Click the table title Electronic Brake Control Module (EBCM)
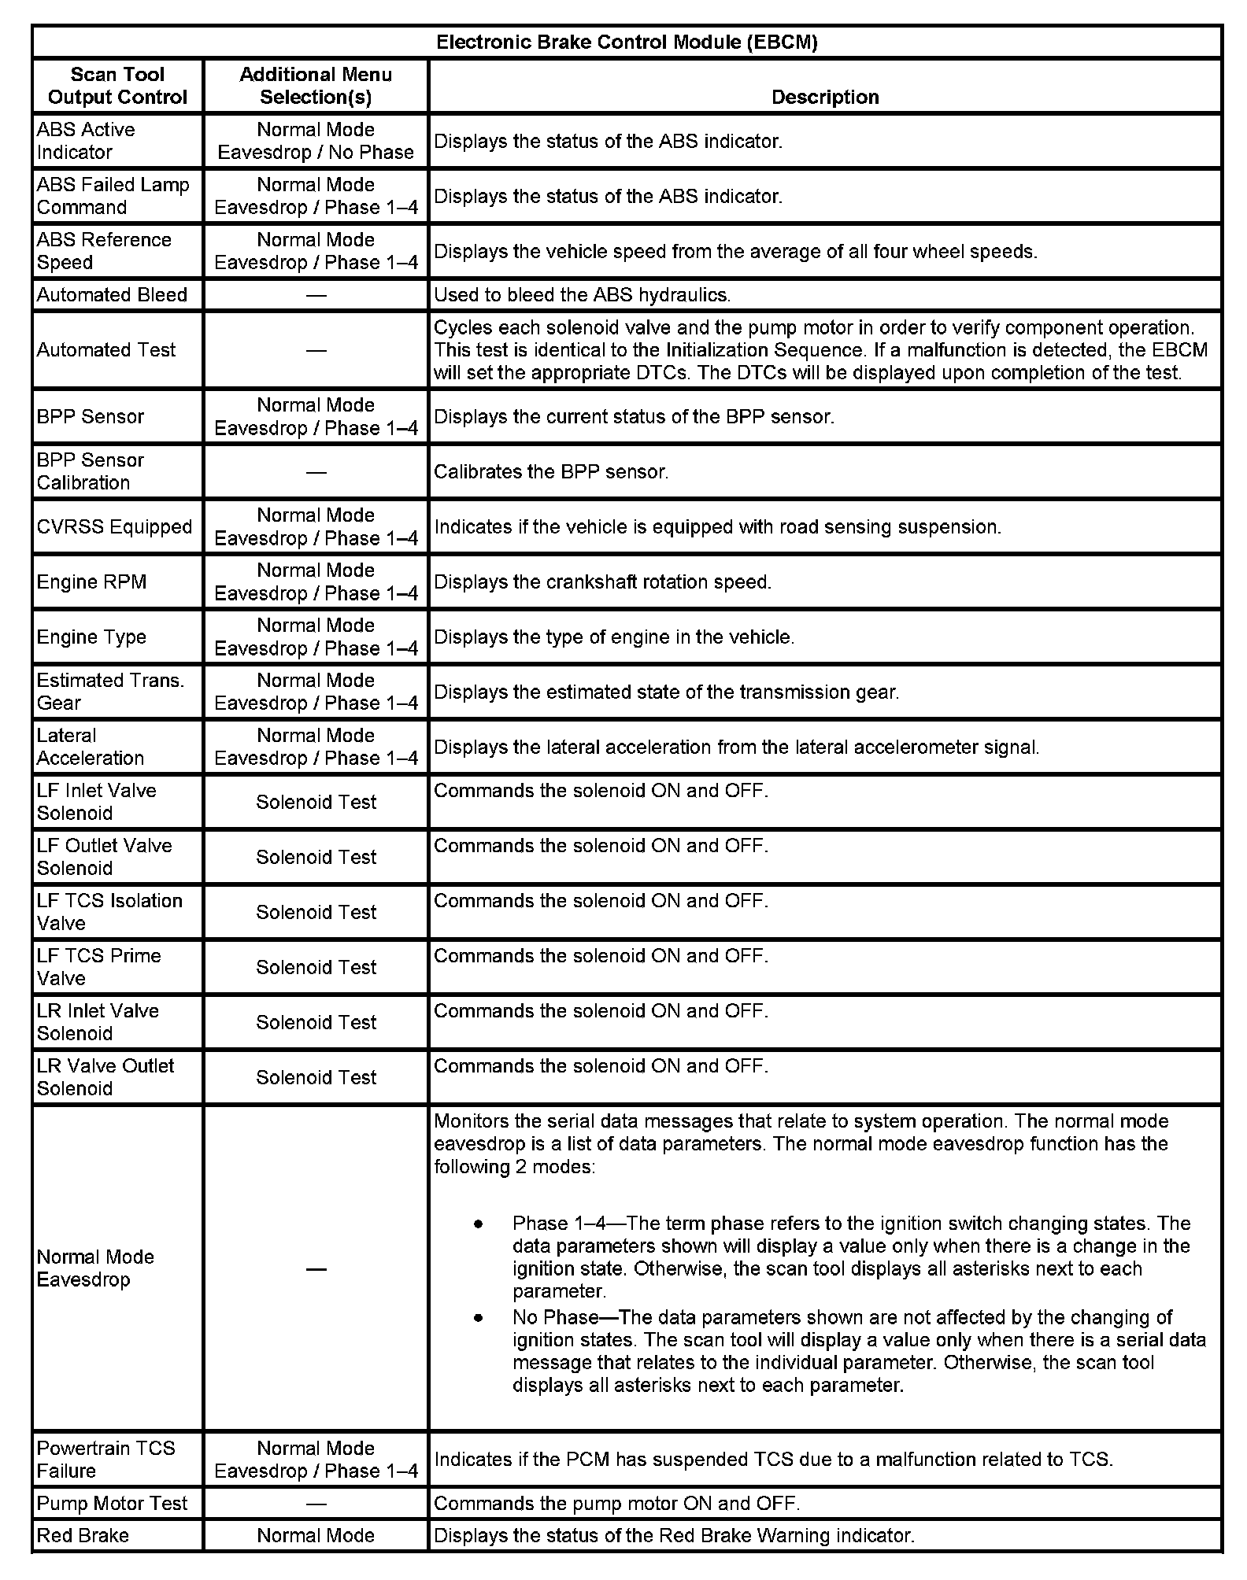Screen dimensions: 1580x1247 (627, 42)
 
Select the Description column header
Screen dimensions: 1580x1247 (824, 97)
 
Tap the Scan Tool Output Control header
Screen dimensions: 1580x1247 (117, 86)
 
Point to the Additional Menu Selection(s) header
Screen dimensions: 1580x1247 (316, 86)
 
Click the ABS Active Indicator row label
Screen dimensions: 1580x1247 (86, 141)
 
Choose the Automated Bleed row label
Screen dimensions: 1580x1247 (112, 295)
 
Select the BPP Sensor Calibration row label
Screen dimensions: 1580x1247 (91, 471)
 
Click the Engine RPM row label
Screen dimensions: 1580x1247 (91, 582)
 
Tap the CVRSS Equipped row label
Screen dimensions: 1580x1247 (114, 527)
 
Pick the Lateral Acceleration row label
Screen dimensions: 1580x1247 (91, 747)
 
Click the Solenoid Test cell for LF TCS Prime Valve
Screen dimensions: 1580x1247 (316, 967)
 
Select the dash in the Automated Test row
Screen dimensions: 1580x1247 (316, 350)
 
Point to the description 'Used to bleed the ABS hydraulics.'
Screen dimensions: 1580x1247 (583, 295)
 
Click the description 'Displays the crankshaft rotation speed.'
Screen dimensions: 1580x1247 (602, 582)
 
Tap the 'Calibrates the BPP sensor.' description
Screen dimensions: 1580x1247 (551, 472)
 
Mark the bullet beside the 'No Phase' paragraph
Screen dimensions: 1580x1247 (478, 1317)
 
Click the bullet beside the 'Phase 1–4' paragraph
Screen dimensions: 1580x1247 (478, 1224)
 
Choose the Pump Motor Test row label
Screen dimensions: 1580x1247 (112, 1504)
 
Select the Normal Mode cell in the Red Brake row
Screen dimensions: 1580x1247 (316, 1535)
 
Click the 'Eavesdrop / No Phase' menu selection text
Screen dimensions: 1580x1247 (316, 153)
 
